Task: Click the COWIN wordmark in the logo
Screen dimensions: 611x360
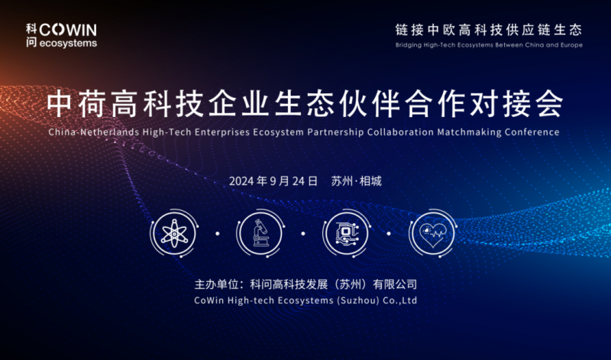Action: [x=68, y=30]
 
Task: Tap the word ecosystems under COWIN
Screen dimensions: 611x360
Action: [x=68, y=43]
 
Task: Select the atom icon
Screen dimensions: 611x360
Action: [x=174, y=233]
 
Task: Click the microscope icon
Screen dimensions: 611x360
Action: [x=260, y=233]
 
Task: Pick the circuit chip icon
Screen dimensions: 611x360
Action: [x=347, y=233]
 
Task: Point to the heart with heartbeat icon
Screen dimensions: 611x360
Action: [x=432, y=233]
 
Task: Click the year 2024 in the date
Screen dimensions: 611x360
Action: [x=241, y=181]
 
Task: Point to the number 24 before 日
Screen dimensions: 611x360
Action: [x=299, y=181]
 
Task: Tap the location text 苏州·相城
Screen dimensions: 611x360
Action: [x=356, y=181]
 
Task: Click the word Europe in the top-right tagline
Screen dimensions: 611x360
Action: [x=571, y=45]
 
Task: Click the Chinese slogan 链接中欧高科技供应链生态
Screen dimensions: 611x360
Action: [x=489, y=30]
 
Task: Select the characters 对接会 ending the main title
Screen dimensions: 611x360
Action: [x=517, y=104]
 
